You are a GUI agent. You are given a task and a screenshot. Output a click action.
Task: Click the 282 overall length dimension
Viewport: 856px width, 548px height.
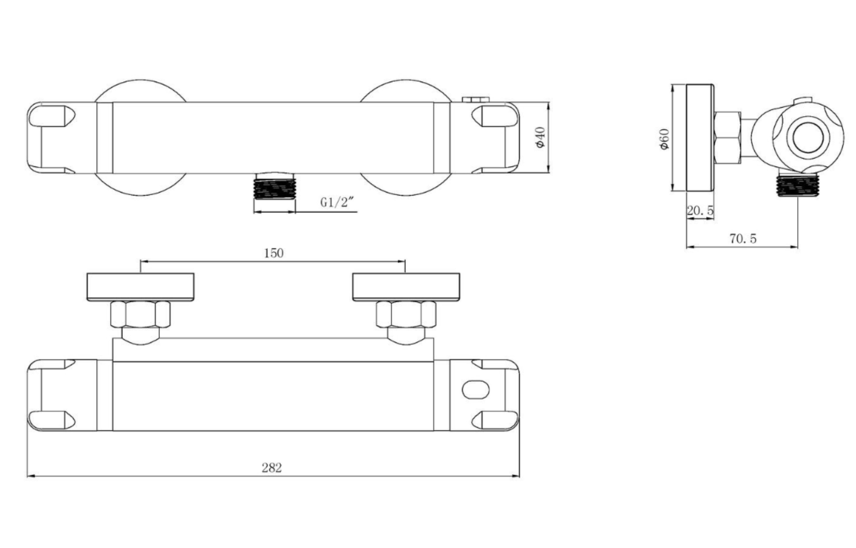coord(272,468)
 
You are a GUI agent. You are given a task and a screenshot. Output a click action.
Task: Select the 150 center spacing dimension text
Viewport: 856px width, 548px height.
coord(274,253)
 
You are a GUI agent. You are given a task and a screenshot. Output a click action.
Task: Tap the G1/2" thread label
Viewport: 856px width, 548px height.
coord(337,202)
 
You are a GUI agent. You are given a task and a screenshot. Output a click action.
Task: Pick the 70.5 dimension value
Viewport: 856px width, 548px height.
coord(743,238)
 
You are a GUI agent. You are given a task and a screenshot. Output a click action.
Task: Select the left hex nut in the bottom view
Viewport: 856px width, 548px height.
coord(140,314)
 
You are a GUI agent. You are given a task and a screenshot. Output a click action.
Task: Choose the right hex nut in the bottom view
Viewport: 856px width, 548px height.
coord(406,314)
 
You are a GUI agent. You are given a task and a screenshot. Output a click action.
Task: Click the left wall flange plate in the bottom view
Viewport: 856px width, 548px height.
coord(140,287)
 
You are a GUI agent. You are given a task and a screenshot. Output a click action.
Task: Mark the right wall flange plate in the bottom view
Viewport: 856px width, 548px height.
coord(406,287)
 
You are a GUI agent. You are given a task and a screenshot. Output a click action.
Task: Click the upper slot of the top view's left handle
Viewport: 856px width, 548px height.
coord(51,116)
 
